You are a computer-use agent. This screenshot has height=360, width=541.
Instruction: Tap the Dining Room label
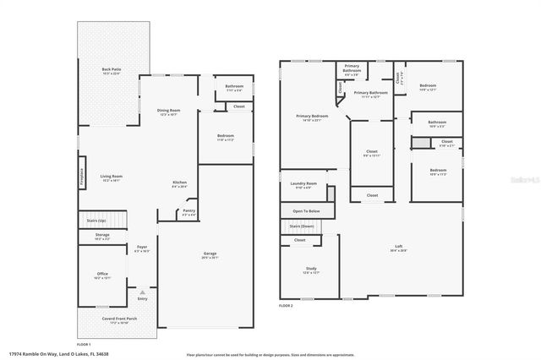[x=169, y=112]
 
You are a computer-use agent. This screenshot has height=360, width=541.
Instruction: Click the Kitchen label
[x=179, y=184]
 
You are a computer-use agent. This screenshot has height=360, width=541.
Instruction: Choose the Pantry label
[x=189, y=213]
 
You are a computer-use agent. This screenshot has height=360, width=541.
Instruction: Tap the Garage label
[x=210, y=255]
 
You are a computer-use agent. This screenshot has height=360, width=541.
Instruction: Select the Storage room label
[x=101, y=237]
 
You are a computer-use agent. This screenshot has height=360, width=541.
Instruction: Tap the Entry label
[x=142, y=298]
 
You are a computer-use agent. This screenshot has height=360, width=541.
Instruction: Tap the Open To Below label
[x=306, y=210]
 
